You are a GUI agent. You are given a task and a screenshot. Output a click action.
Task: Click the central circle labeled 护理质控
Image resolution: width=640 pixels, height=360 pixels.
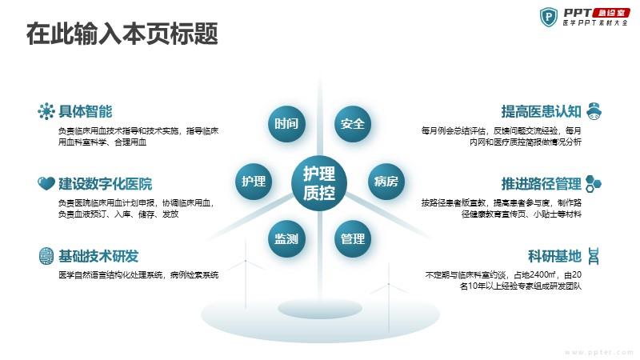tap(319, 182)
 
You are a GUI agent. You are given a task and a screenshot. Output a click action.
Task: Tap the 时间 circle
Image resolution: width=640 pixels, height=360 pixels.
tap(286, 124)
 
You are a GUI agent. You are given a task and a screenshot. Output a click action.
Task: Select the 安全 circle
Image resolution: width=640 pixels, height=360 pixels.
tap(352, 124)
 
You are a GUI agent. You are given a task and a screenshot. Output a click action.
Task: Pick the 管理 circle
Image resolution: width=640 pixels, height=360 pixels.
tap(352, 238)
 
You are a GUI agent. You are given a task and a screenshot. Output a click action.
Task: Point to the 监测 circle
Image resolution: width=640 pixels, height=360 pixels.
tap(286, 238)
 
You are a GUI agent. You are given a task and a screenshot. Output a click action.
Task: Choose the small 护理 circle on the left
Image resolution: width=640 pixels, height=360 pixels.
tap(253, 181)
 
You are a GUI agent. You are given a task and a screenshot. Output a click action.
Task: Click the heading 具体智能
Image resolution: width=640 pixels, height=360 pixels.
tap(86, 111)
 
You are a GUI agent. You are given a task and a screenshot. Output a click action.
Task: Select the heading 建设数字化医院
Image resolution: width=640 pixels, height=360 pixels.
tap(105, 184)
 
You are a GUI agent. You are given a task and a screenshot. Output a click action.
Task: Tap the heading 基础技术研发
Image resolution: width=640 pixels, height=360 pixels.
tap(98, 256)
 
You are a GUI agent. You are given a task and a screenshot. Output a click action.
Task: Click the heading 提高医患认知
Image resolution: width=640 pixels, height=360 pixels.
tap(541, 111)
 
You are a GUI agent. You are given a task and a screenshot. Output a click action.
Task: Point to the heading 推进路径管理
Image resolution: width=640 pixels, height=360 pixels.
tap(541, 183)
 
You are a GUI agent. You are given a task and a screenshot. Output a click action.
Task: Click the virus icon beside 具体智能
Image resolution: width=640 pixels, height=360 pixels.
tap(46, 111)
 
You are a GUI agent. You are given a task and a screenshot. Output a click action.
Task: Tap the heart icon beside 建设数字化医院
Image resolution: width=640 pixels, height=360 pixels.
tap(46, 184)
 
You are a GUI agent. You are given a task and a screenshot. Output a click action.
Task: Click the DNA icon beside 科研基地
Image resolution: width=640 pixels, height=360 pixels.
tap(595, 256)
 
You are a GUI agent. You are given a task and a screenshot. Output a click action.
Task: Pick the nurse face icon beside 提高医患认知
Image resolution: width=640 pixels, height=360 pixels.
tap(595, 110)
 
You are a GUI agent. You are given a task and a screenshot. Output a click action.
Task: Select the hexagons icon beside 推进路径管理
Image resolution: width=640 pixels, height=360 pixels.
tap(594, 182)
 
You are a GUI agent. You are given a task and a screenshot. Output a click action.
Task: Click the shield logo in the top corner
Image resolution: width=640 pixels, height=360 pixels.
tap(548, 17)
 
